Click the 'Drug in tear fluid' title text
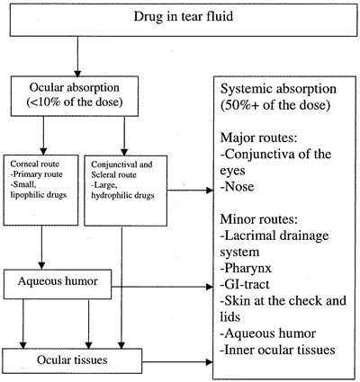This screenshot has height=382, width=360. coord(183,16)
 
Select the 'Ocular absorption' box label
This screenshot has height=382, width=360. coord(75,88)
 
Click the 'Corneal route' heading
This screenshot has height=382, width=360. coord(34,164)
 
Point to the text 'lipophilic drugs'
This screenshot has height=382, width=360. coord(39,195)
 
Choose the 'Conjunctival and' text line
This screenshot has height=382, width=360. coord(121,164)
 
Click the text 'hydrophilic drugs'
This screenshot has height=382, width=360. coord(122,196)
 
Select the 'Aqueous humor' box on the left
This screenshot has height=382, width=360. coord(58,284)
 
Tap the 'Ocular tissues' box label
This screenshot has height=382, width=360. coord(72,360)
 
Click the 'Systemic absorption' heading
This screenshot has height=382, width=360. coord(278,89)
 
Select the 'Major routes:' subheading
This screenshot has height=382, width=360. coord(258,138)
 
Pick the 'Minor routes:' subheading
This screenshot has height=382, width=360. coord(259,219)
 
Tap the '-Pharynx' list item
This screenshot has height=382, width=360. coord(246,268)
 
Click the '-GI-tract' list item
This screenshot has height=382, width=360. coord(245,284)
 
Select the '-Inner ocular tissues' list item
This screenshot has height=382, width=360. coord(277,350)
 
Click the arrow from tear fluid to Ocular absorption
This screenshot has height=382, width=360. coord(77,57)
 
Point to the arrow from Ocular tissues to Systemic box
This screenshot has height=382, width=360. coord(177,362)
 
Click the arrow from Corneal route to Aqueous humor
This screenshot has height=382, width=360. coord(41,247)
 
